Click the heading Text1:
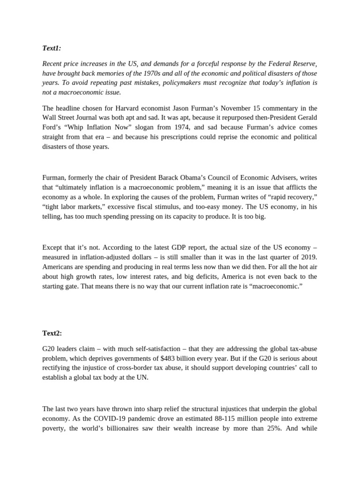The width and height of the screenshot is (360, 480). (52, 48)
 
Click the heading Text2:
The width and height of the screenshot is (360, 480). (52, 333)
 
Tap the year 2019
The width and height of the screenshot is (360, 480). (308, 256)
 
